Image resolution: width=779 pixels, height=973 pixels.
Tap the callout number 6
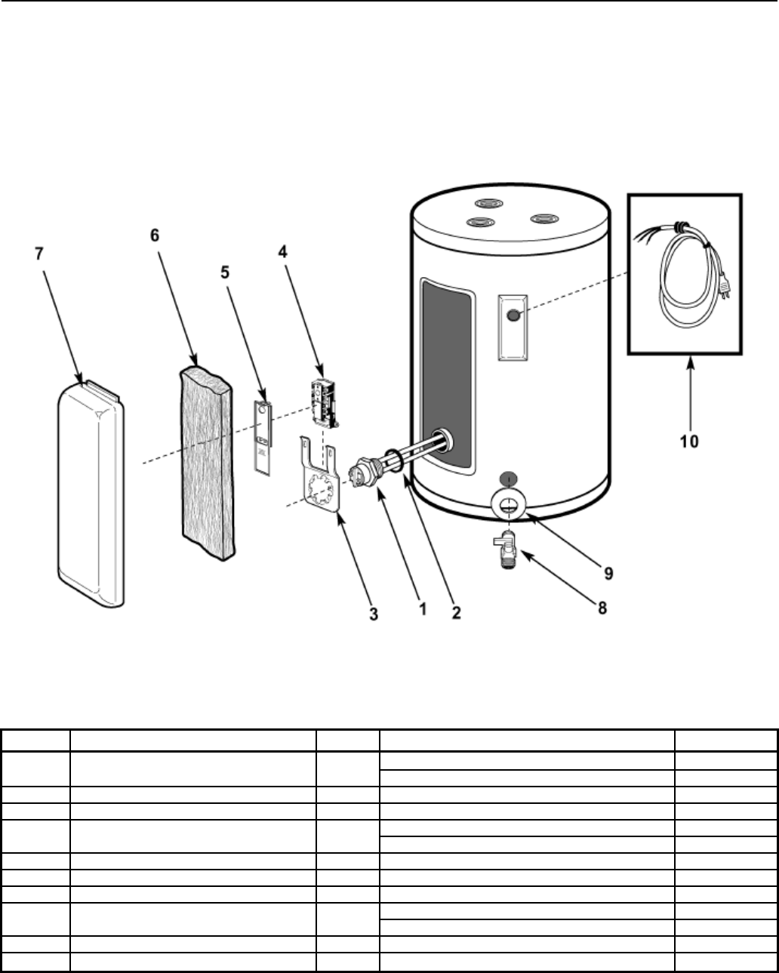point(154,235)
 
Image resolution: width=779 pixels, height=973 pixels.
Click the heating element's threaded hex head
point(359,473)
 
